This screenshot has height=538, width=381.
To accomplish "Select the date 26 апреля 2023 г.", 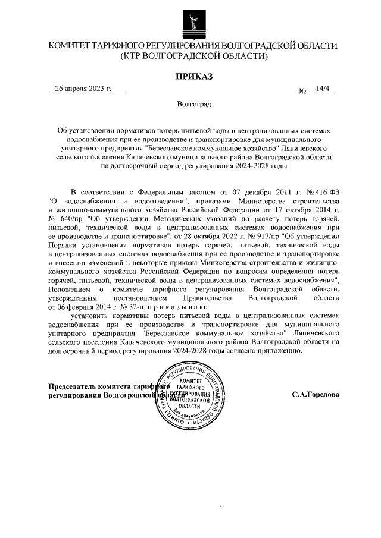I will click(x=83, y=89).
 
